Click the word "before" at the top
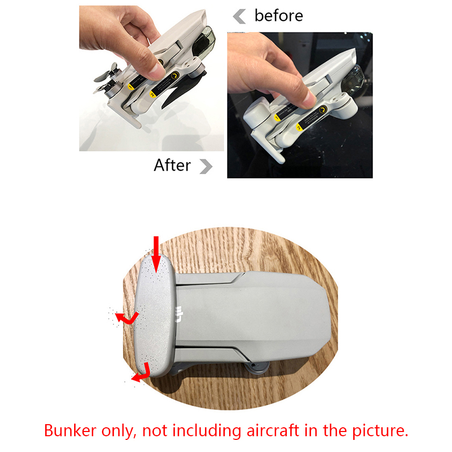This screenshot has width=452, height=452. point(279,16)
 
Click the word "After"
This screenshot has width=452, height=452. point(172,165)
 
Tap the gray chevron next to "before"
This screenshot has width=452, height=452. point(240,16)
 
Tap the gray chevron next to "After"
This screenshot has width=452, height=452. point(206,167)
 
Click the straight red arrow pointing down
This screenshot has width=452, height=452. point(156,254)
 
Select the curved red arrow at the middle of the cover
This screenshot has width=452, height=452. point(127,319)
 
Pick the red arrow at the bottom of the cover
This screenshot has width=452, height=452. point(142,373)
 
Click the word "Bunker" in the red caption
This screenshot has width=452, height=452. point(70,430)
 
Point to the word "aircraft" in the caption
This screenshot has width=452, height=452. point(273,430)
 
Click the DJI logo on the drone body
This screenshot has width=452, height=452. point(179,314)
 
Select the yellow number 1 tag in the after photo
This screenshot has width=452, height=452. point(130,87)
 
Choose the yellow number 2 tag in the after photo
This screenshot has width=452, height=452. point(152,94)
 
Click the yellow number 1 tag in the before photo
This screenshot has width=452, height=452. point(277,118)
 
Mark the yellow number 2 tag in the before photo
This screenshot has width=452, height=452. point(300,127)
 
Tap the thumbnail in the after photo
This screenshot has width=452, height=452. point(157,71)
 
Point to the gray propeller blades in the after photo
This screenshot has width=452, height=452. point(106,78)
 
